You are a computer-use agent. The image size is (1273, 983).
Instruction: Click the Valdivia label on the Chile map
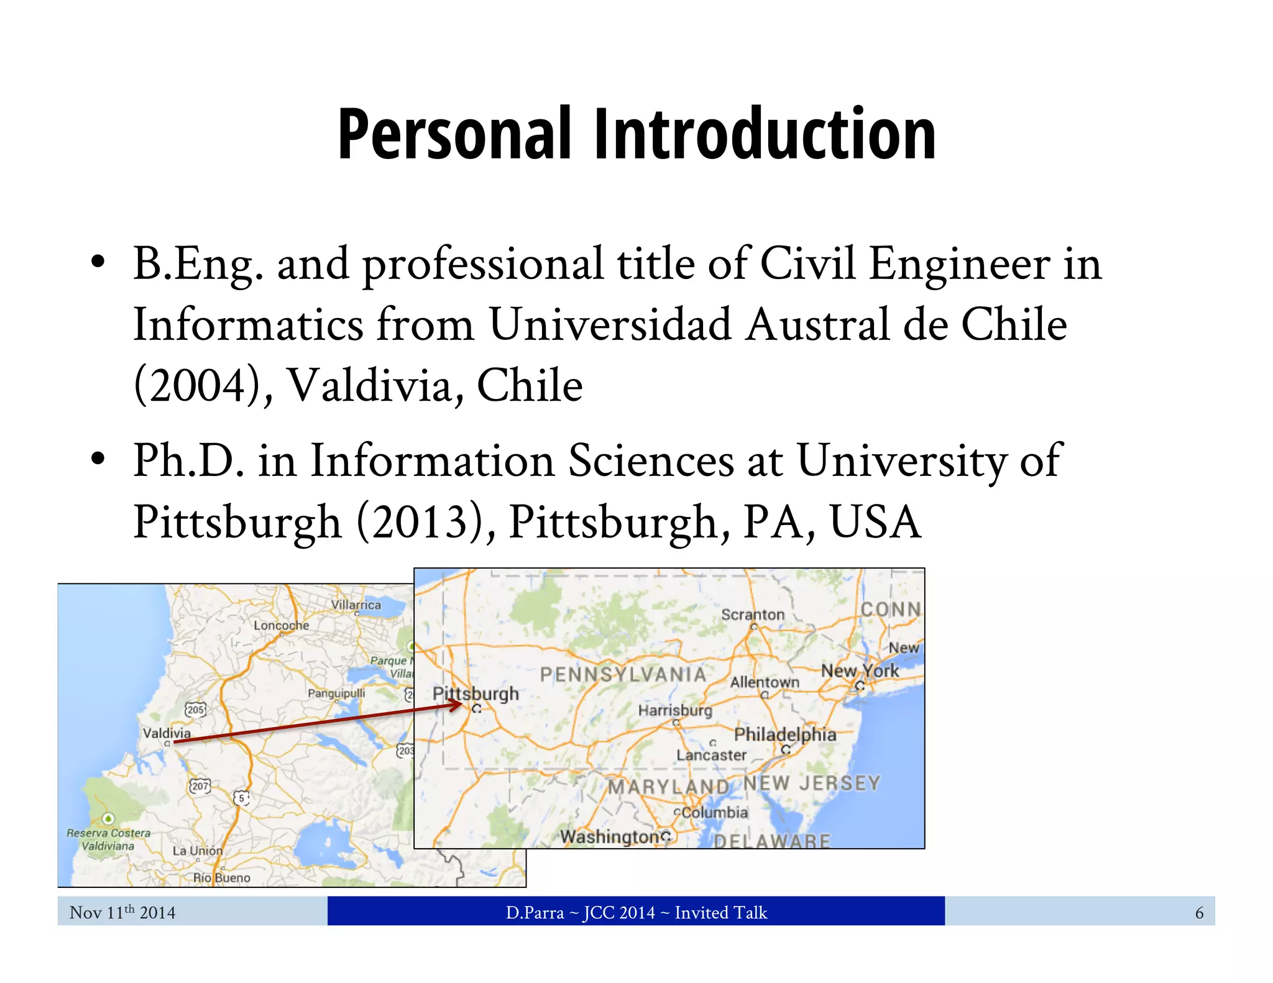pyautogui.click(x=167, y=733)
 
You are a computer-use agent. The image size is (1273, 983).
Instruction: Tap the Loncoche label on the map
pyautogui.click(x=281, y=625)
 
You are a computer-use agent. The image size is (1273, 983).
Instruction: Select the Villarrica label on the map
pyautogui.click(x=356, y=605)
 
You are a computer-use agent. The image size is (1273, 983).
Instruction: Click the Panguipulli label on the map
pyautogui.click(x=336, y=693)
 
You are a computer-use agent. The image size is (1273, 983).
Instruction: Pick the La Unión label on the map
pyautogui.click(x=197, y=851)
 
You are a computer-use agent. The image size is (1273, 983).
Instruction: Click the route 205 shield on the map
pyautogui.click(x=195, y=710)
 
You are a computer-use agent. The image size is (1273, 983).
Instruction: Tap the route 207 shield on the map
pyautogui.click(x=200, y=786)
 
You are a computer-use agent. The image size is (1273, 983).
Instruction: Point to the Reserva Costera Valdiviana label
pyautogui.click(x=109, y=839)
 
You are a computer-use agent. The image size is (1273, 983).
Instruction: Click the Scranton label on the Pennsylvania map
pyautogui.click(x=753, y=615)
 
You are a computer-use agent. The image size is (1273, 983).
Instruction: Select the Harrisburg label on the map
pyautogui.click(x=675, y=710)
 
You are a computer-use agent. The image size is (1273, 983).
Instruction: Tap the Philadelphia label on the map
pyautogui.click(x=785, y=734)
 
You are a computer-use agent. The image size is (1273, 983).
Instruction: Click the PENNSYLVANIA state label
pyautogui.click(x=623, y=675)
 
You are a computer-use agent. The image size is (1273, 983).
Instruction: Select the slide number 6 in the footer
pyautogui.click(x=1199, y=913)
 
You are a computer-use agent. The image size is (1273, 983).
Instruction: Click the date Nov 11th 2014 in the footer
pyautogui.click(x=122, y=912)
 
